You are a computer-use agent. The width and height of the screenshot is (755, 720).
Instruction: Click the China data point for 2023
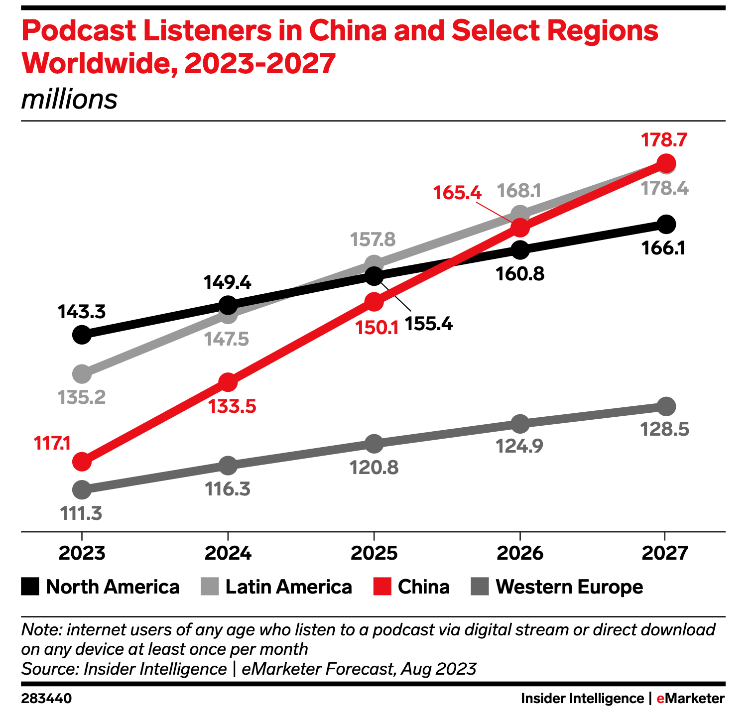(82, 462)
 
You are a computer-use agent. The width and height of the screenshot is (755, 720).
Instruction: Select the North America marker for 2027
(666, 224)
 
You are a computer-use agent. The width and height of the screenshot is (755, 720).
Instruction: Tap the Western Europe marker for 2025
(374, 443)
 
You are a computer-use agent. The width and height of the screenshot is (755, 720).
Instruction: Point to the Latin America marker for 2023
(82, 373)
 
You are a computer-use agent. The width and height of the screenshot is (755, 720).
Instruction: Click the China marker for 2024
(228, 382)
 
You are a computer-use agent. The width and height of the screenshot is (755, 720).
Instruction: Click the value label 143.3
(82, 312)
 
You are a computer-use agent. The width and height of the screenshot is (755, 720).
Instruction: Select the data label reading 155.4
(428, 324)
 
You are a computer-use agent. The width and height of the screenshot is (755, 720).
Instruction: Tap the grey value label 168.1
(519, 190)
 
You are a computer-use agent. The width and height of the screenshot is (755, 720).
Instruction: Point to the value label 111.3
(81, 513)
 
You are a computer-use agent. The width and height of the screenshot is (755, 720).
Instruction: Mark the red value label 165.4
(457, 192)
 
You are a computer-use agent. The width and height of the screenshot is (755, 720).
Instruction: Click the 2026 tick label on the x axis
(519, 553)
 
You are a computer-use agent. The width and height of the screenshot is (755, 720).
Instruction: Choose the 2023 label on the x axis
(82, 553)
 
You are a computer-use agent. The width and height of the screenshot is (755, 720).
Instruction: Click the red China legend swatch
(382, 587)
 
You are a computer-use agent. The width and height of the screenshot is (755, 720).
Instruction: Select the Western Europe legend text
(569, 587)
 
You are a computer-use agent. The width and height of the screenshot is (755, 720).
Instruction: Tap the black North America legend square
(30, 587)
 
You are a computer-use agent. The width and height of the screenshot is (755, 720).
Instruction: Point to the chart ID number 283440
(46, 699)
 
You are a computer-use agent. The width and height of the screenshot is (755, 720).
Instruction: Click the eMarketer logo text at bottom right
(690, 699)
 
